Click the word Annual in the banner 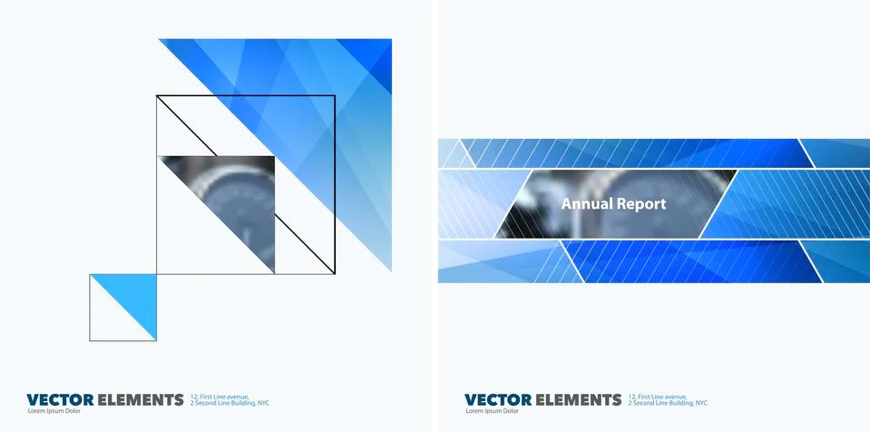click(586, 204)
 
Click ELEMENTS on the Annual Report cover click(578, 399)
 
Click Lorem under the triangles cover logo click(37, 412)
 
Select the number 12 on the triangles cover click(194, 397)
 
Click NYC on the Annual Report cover click(702, 403)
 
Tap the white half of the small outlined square click(109, 322)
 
